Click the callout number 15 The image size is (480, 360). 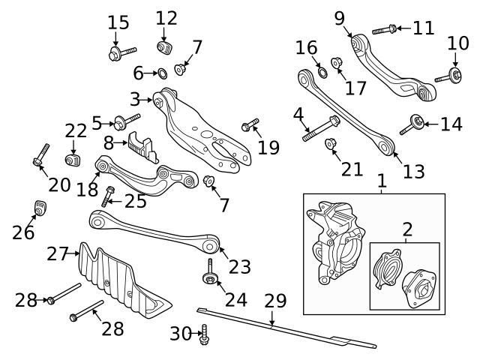118,23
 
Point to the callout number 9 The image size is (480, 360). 339,16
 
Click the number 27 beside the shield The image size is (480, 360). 58,254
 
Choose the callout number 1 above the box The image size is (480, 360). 382,181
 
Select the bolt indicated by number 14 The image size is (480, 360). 412,125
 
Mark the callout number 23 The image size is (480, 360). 239,265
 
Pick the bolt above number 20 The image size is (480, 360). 38,153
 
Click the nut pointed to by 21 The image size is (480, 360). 329,143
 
